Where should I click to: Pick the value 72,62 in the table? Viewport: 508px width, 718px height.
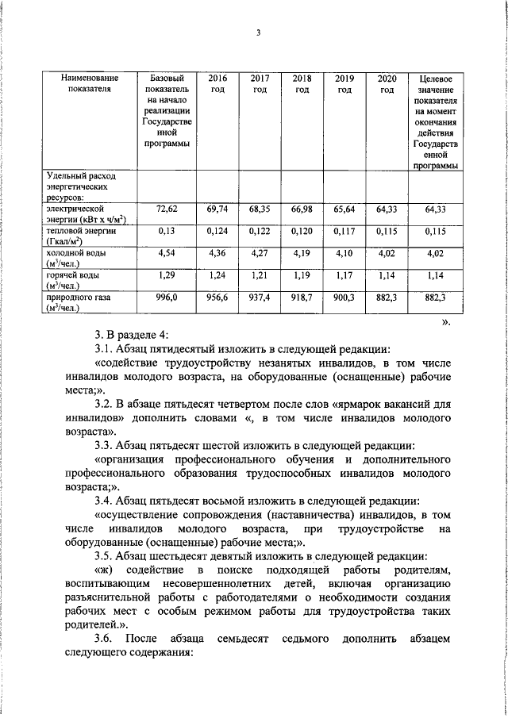167,209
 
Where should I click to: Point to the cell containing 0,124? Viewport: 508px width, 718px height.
217,231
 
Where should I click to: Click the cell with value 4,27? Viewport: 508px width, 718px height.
260,254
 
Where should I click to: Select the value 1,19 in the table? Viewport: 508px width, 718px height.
302,276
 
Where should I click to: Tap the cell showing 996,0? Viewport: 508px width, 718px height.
167,298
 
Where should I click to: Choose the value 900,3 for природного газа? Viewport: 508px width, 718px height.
344,298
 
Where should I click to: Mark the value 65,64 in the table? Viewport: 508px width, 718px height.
344,209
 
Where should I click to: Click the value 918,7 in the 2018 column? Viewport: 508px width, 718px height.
302,298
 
